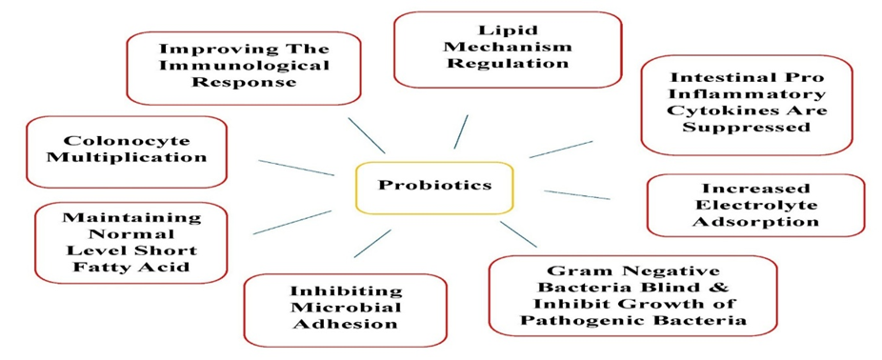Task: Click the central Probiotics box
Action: [x=434, y=188]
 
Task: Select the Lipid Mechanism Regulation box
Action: [x=508, y=50]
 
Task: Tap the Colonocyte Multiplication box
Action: [x=127, y=151]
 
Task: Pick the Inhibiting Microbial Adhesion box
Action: [x=346, y=310]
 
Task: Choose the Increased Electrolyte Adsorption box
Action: [x=755, y=206]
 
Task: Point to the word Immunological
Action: [x=244, y=66]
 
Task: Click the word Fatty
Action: [x=101, y=266]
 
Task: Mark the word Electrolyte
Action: [x=755, y=205]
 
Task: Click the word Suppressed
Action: [x=747, y=127]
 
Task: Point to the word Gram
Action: [x=573, y=270]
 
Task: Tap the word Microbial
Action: [x=346, y=309]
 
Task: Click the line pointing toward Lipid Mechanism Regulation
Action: [x=461, y=131]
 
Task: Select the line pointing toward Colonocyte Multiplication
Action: [x=296, y=168]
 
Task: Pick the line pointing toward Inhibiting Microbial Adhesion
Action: [x=372, y=243]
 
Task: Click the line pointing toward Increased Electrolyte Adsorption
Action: [x=577, y=194]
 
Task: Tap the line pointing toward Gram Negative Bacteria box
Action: [x=518, y=234]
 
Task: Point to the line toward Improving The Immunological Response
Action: [x=366, y=135]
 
